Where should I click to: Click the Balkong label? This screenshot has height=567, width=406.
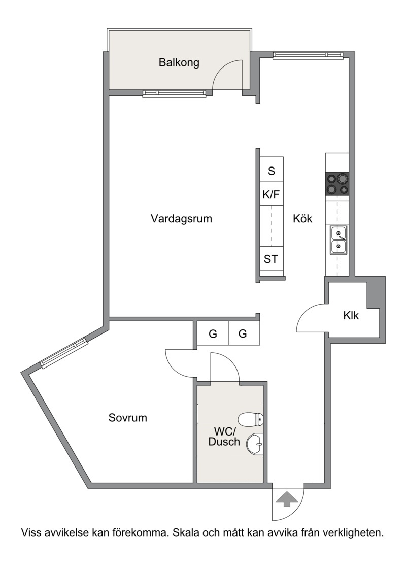click(x=179, y=63)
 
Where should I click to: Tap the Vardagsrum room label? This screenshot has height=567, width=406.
click(x=181, y=219)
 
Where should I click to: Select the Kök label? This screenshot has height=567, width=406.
click(x=302, y=218)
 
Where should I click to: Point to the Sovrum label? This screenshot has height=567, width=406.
click(x=127, y=418)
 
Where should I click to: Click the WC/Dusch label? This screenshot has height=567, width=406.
click(x=224, y=437)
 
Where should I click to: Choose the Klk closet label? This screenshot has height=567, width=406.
click(x=351, y=316)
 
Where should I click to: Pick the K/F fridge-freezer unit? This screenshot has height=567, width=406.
click(x=272, y=194)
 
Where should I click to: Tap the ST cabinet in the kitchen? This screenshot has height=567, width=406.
click(x=272, y=259)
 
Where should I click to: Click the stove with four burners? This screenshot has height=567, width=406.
click(x=337, y=184)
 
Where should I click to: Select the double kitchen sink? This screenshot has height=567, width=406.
click(x=338, y=239)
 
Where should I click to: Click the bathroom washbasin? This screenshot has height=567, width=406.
click(x=255, y=444)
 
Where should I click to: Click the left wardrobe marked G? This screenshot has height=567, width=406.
click(x=213, y=333)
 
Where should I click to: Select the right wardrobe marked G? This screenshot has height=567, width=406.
click(x=243, y=333)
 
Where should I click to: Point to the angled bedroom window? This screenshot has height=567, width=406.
click(x=64, y=353)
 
